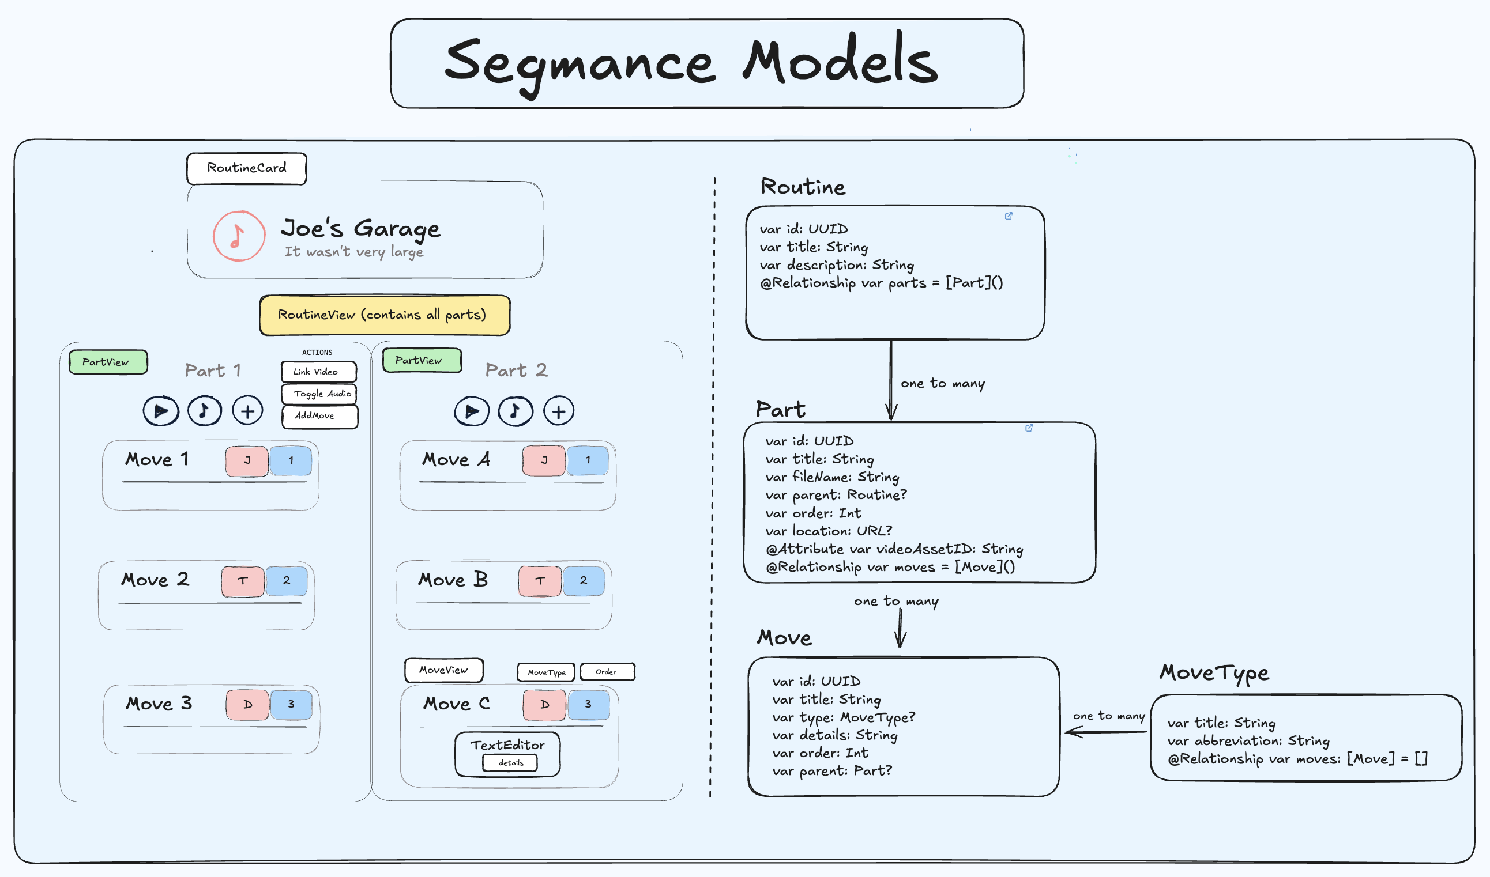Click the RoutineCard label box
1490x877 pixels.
pos(246,168)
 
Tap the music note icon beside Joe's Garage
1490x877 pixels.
pos(238,236)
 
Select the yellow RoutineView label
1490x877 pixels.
pos(385,315)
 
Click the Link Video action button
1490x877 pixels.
pos(318,372)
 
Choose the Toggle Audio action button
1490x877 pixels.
pos(319,394)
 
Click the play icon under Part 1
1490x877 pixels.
pos(160,411)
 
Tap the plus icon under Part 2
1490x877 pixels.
pos(558,411)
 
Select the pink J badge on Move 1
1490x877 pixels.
pos(247,460)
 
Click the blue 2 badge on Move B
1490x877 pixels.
pos(583,580)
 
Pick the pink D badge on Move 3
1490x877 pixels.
pos(247,705)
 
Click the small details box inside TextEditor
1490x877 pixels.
pos(510,763)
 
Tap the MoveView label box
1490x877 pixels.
pos(443,670)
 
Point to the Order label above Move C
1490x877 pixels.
pos(607,672)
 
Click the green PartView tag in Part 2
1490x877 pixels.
pos(421,360)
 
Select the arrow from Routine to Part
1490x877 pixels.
pos(891,378)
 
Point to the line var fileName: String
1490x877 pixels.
pos(831,477)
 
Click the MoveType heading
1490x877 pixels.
pos(1213,672)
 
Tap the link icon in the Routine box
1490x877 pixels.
pos(1008,216)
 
